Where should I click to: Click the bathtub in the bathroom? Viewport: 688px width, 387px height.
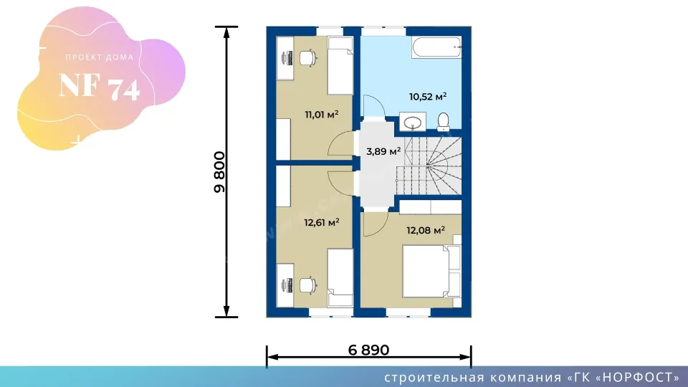pyautogui.click(x=436, y=47)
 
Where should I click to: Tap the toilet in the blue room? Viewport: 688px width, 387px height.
pyautogui.click(x=443, y=122)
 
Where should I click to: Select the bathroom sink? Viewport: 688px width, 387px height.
pyautogui.click(x=413, y=122)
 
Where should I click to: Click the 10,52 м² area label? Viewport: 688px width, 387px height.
pyautogui.click(x=428, y=96)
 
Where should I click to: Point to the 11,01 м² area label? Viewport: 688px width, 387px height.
pyautogui.click(x=322, y=115)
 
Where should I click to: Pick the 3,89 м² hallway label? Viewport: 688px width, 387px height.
pyautogui.click(x=383, y=151)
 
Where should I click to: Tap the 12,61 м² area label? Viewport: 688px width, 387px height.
pyautogui.click(x=322, y=222)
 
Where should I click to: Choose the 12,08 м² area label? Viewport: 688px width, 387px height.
pyautogui.click(x=426, y=230)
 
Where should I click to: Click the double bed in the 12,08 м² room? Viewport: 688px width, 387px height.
pyautogui.click(x=431, y=271)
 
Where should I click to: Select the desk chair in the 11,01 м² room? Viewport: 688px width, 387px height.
pyautogui.click(x=308, y=58)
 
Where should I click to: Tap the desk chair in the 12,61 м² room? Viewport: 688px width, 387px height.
pyautogui.click(x=308, y=285)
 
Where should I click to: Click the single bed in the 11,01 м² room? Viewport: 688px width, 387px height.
pyautogui.click(x=340, y=66)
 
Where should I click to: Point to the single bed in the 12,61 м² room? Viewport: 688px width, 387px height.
pyautogui.click(x=340, y=278)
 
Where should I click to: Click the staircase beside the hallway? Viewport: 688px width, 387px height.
pyautogui.click(x=429, y=166)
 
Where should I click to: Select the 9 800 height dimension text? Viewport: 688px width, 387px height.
pyautogui.click(x=219, y=172)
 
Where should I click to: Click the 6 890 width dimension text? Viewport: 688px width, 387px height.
pyautogui.click(x=368, y=350)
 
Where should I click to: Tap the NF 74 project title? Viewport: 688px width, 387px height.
pyautogui.click(x=100, y=87)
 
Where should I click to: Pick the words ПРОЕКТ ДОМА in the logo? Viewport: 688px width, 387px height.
pyautogui.click(x=100, y=57)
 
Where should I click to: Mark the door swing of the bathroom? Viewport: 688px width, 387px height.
pyautogui.click(x=374, y=106)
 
